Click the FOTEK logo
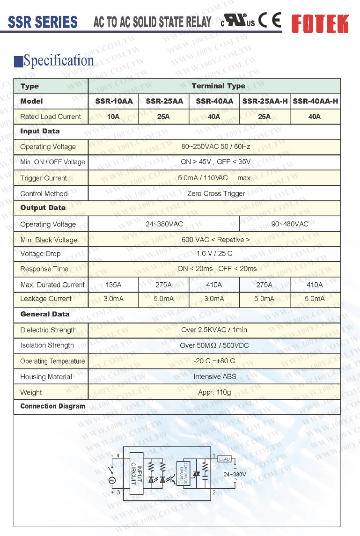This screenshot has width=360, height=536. [x=320, y=22]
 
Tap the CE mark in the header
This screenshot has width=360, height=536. [x=270, y=21]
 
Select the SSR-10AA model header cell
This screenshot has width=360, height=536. [x=113, y=101]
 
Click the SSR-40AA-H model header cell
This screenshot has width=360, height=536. [x=315, y=101]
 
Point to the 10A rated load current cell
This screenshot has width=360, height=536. [x=113, y=117]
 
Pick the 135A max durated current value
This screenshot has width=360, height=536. [x=113, y=285]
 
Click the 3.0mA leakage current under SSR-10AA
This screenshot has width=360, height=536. [x=113, y=299]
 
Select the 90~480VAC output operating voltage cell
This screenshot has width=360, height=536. [x=290, y=224]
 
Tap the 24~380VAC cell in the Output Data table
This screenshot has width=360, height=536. [x=164, y=224]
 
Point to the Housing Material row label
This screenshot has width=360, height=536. [x=46, y=377]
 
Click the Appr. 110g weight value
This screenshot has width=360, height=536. [x=214, y=392]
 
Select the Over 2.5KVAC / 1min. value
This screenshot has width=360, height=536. [x=214, y=330]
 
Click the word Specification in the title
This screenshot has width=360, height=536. [x=59, y=60]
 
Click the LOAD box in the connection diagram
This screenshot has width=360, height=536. [x=225, y=459]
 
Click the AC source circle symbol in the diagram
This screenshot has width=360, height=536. [x=112, y=480]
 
